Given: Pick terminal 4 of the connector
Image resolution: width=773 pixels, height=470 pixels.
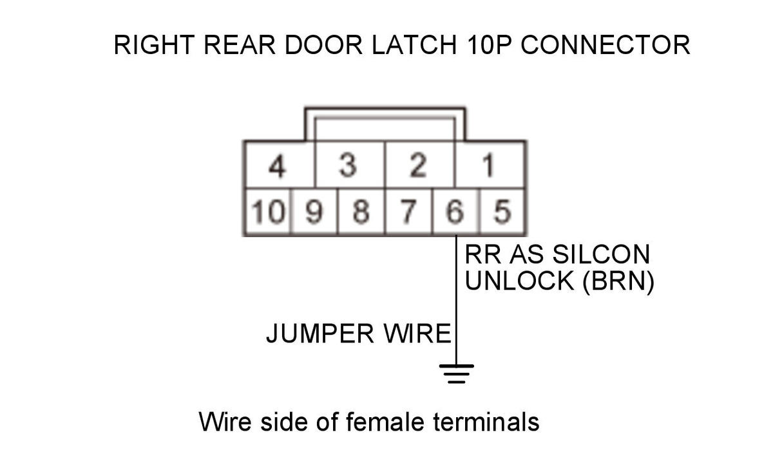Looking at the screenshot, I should pyautogui.click(x=277, y=166).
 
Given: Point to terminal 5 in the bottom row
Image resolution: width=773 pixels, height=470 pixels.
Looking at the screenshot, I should pyautogui.click(x=502, y=211).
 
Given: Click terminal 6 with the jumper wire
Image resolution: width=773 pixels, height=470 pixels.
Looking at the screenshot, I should pyautogui.click(x=455, y=211).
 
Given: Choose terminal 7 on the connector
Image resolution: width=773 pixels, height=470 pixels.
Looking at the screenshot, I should pyautogui.click(x=408, y=211).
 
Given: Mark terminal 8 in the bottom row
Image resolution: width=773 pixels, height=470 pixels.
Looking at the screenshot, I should pyautogui.click(x=361, y=211).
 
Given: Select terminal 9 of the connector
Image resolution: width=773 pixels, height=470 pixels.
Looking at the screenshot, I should pyautogui.click(x=314, y=211).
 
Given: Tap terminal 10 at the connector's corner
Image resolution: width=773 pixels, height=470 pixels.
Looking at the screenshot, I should pyautogui.click(x=267, y=211).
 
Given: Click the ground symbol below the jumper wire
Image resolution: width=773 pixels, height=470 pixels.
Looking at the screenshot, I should pyautogui.click(x=456, y=373).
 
